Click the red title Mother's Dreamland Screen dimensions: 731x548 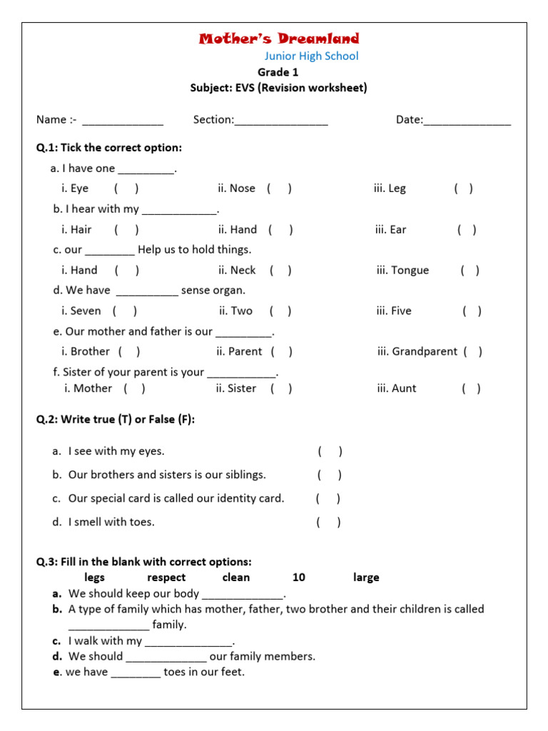279,39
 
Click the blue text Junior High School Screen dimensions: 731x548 312,56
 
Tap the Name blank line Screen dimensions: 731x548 123,121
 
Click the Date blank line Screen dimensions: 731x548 467,121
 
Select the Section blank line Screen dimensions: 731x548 281,121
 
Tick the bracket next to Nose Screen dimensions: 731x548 279,188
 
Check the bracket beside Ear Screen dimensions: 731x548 467,229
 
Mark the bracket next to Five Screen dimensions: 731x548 472,311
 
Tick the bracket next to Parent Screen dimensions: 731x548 281,351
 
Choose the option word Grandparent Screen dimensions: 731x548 417,351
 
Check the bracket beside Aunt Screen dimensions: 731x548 471,388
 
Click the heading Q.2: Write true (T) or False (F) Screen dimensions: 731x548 116,420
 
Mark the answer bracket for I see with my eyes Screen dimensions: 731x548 330,451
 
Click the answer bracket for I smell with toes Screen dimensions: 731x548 328,522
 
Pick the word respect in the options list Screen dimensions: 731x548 166,578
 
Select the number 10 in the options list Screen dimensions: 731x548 299,578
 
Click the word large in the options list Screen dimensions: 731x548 366,578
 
